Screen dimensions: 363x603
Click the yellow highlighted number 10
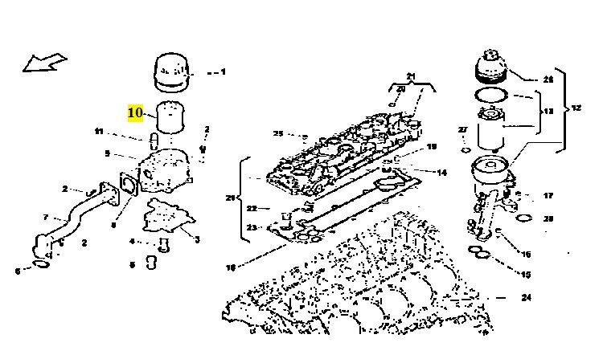(135, 112)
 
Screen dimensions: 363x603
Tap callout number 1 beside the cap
(223, 71)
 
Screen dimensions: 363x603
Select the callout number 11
(99, 132)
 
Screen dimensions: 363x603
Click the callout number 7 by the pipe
(46, 218)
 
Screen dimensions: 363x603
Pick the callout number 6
(17, 271)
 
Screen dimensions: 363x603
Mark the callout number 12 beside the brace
(575, 108)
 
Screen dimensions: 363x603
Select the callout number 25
(278, 133)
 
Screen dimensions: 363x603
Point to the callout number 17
(548, 195)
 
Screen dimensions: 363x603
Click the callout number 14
(441, 172)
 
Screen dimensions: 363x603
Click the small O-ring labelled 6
(39, 264)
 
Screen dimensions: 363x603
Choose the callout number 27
(463, 129)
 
